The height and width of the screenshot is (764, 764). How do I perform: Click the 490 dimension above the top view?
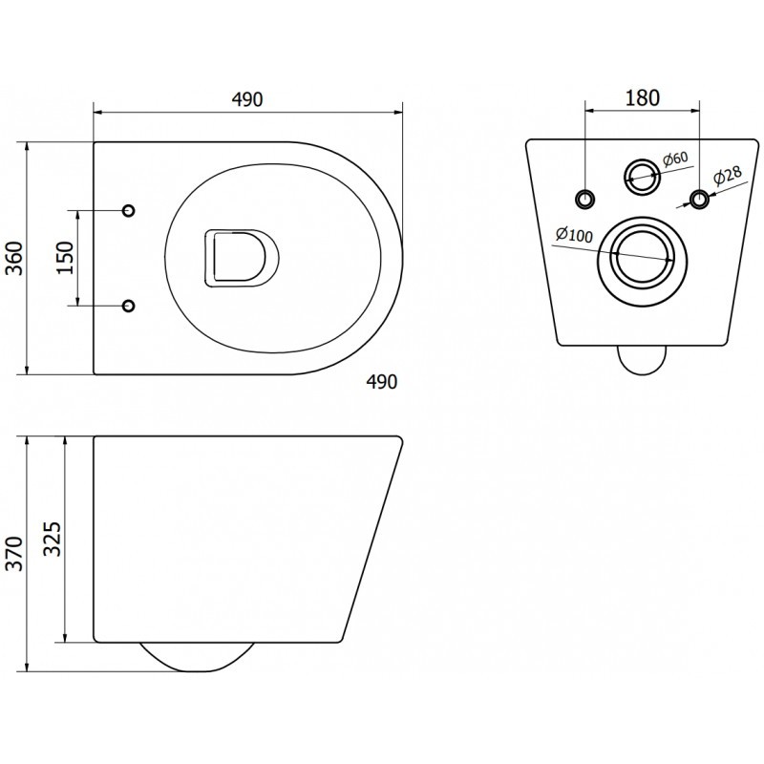[245, 99]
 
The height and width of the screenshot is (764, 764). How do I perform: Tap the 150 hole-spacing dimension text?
[65, 258]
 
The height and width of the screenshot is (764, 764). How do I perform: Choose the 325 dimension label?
[53, 541]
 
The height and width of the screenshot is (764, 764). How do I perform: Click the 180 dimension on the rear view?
[643, 99]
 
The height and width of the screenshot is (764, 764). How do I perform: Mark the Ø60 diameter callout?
[674, 159]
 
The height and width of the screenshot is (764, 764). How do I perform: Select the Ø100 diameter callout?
[574, 234]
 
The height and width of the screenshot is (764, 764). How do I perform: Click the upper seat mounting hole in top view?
[130, 209]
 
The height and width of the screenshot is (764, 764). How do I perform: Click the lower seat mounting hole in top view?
[130, 306]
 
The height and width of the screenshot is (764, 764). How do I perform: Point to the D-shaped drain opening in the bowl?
[240, 258]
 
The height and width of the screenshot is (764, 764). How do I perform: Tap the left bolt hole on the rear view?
[585, 198]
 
